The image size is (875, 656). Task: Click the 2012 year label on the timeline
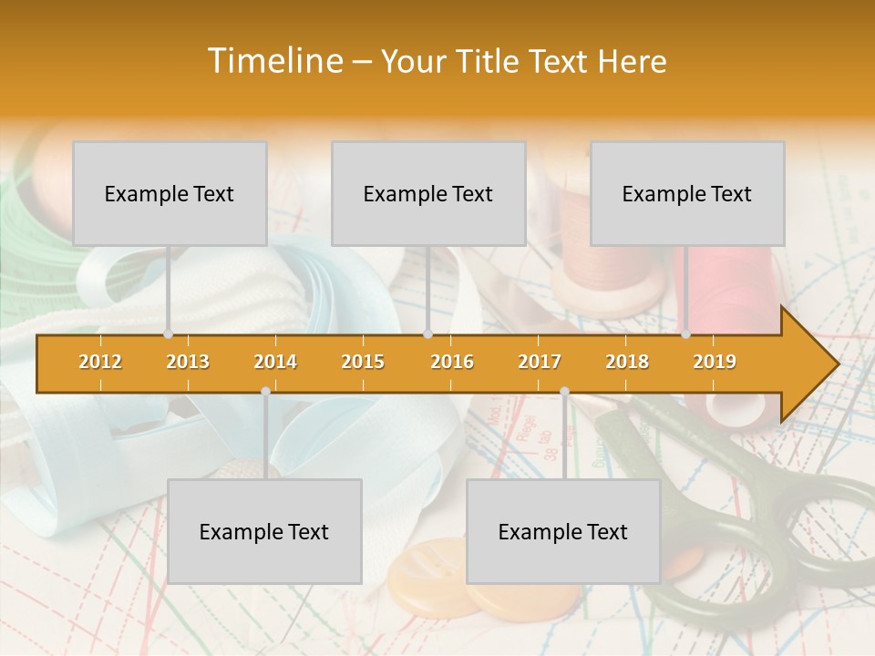[100, 362]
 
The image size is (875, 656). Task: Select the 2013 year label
[188, 362]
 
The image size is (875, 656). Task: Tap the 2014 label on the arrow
[275, 362]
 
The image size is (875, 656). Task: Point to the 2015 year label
[363, 362]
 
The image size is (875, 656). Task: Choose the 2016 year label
[452, 362]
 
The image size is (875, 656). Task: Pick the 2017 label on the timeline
[540, 362]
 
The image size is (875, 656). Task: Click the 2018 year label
[627, 362]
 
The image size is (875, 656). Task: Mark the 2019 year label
[715, 362]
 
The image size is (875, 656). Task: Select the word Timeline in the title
[273, 61]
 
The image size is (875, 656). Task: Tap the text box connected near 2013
[170, 193]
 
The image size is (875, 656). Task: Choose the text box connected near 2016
[428, 193]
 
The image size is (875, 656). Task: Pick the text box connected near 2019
[687, 193]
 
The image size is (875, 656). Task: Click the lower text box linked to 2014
[264, 531]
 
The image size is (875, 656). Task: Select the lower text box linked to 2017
[563, 531]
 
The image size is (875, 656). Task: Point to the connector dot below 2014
[265, 391]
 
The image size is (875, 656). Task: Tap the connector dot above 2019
[686, 334]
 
